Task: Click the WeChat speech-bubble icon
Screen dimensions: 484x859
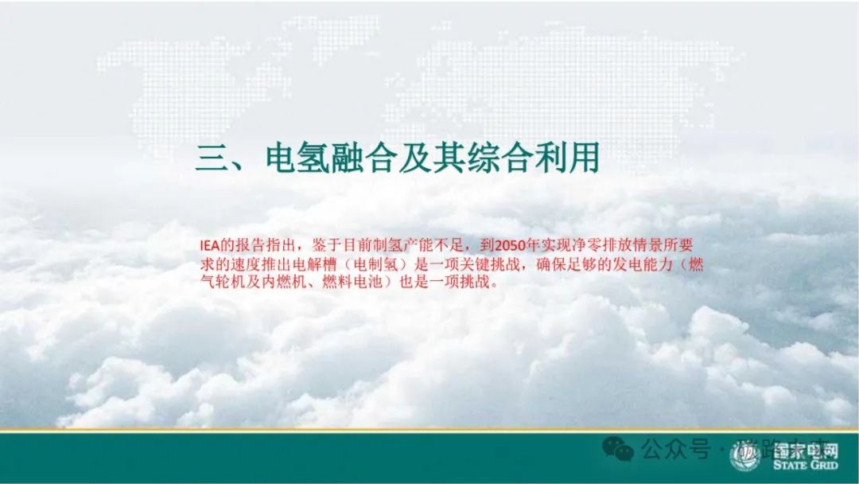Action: click(618, 450)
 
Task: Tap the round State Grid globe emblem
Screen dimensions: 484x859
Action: click(745, 457)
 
